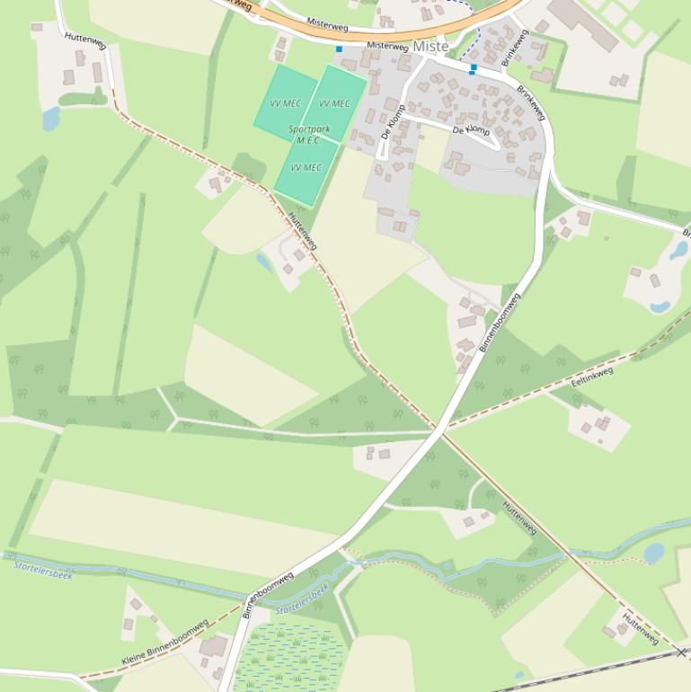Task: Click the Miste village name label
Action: [431, 46]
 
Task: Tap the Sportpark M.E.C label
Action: [309, 135]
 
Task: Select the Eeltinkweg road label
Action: [591, 378]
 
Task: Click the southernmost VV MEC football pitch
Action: [306, 170]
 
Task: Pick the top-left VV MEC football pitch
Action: [285, 102]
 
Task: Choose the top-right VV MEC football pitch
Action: [334, 102]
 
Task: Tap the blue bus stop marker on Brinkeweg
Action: [474, 67]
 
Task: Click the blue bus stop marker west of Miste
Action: [339, 49]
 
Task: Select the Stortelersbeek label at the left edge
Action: [43, 567]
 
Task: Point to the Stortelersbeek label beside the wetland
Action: [303, 599]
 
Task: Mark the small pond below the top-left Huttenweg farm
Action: [50, 119]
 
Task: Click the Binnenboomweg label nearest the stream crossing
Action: [269, 594]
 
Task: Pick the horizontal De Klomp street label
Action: [472, 131]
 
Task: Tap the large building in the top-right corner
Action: [582, 24]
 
